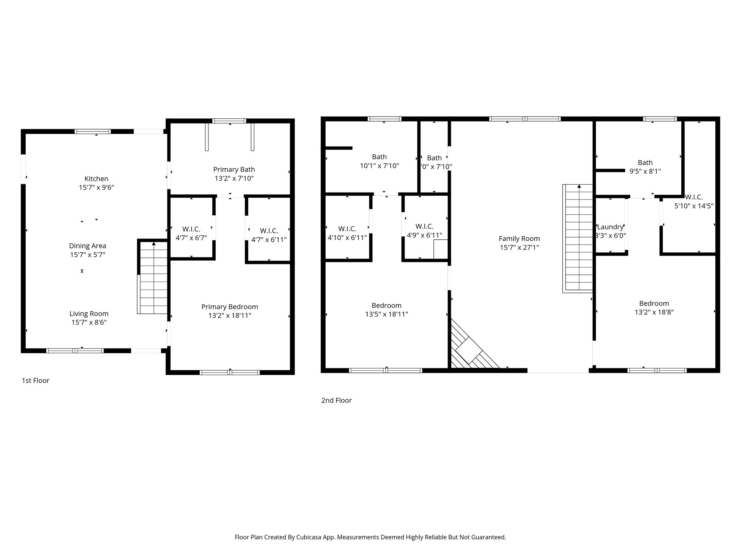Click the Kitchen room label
tap(96, 179)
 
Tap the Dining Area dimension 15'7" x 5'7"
tap(88, 255)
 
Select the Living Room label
tap(89, 314)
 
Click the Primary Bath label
tap(234, 169)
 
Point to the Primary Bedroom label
tap(229, 307)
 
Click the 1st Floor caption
tap(35, 380)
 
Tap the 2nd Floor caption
tap(336, 400)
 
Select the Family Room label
tap(519, 239)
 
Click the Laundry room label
tap(610, 227)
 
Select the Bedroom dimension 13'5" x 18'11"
tap(386, 314)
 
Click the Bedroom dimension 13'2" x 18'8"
tap(654, 312)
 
